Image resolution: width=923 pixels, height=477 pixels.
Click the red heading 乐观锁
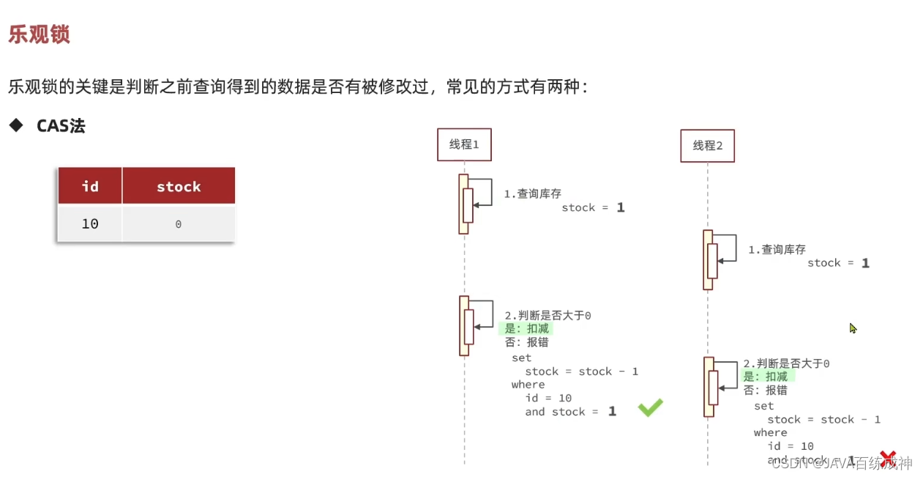(39, 34)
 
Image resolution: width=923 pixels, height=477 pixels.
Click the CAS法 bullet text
(61, 126)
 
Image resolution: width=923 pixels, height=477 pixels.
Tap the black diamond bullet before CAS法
(16, 125)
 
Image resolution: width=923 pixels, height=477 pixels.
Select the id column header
(90, 186)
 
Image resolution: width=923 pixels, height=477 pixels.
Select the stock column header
(179, 186)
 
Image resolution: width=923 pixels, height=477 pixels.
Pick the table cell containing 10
(90, 223)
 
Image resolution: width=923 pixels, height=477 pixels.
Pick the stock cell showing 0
(178, 224)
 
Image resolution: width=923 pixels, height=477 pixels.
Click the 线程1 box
(464, 144)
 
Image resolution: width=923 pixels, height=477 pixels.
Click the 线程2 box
(707, 145)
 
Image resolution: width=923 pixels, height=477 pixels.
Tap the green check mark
(650, 408)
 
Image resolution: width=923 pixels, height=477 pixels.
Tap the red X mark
(888, 459)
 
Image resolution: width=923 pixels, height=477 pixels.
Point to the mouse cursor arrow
(853, 328)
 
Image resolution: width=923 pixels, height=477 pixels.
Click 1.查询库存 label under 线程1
(532, 194)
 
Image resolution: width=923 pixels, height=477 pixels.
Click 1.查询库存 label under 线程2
(777, 250)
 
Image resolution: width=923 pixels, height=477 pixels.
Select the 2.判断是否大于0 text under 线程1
(548, 316)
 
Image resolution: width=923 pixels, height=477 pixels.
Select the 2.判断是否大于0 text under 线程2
(786, 363)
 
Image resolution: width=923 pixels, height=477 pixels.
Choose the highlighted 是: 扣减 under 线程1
(526, 329)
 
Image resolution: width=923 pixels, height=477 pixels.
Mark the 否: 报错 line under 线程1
(526, 342)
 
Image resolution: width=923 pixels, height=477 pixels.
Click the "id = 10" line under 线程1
(548, 398)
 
